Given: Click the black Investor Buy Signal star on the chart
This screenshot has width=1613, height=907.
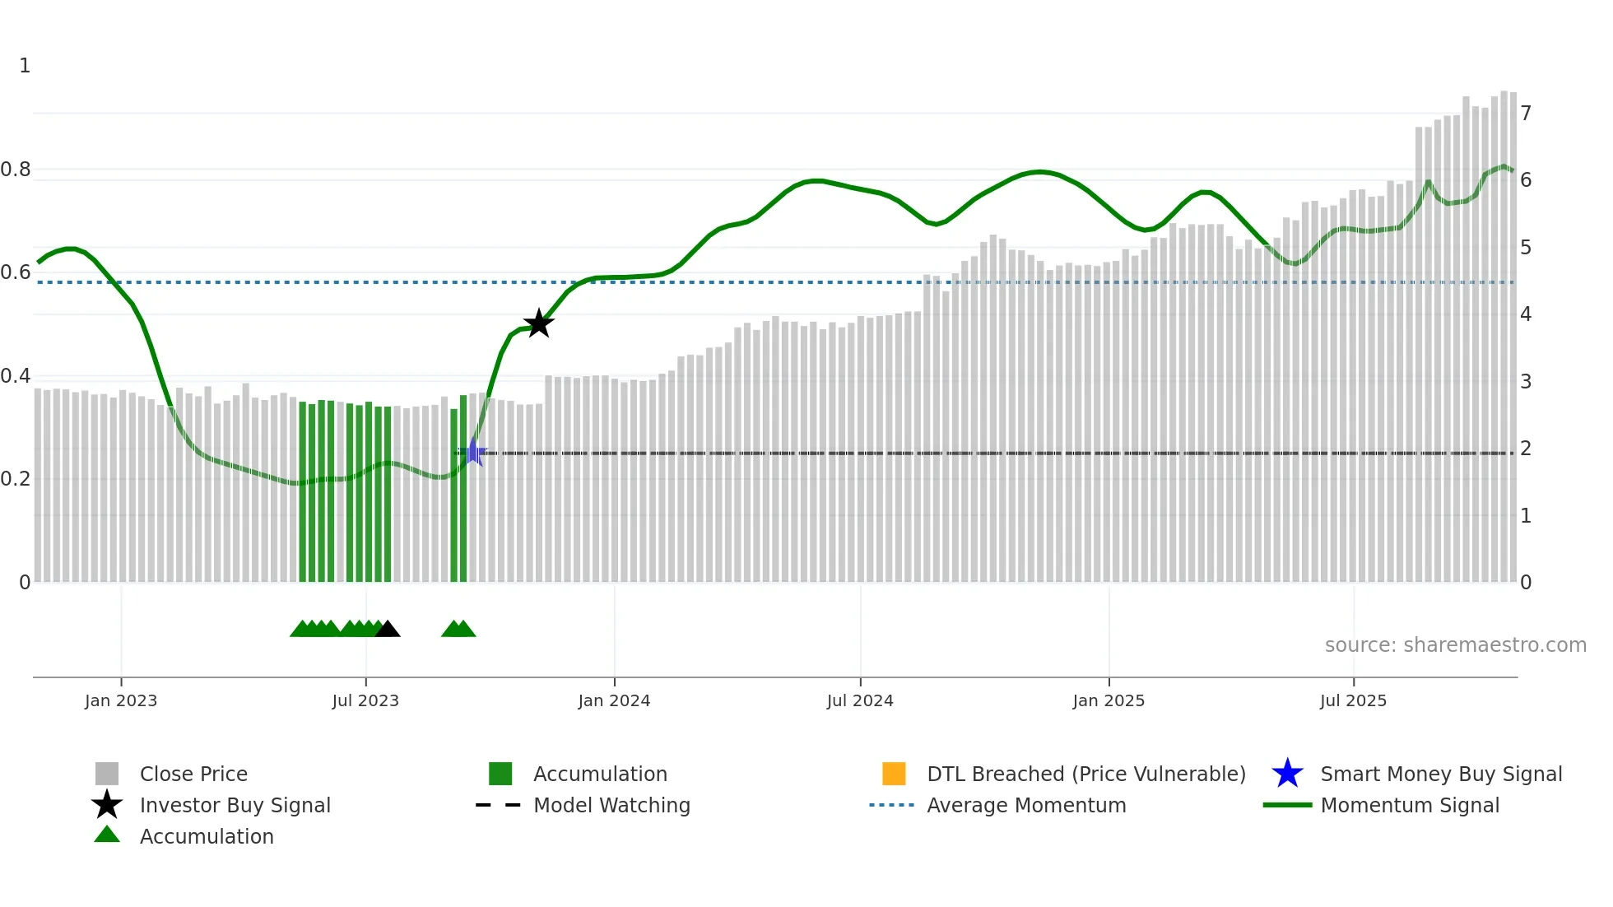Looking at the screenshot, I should pyautogui.click(x=539, y=323).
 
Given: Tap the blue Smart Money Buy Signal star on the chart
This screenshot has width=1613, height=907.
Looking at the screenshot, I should pyautogui.click(x=473, y=452).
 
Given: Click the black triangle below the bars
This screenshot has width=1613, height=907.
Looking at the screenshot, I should pyautogui.click(x=388, y=630).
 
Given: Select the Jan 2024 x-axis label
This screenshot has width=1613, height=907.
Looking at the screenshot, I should pyautogui.click(x=614, y=700).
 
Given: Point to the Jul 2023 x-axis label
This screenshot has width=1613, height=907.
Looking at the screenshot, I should pyautogui.click(x=365, y=700).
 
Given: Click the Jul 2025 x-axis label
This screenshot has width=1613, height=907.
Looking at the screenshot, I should pyautogui.click(x=1353, y=700).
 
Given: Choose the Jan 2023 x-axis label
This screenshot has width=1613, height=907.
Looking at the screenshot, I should pyautogui.click(x=121, y=700).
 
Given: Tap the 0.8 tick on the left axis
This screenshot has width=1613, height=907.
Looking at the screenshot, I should pyautogui.click(x=16, y=170).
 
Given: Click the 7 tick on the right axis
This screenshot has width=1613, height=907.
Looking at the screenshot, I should pyautogui.click(x=1526, y=113).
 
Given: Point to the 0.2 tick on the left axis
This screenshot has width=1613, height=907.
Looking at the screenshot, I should pyautogui.click(x=16, y=479).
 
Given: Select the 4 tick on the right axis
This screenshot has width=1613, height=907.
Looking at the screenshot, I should pyautogui.click(x=1526, y=314).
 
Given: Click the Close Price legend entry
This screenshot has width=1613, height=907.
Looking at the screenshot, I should pyautogui.click(x=193, y=774).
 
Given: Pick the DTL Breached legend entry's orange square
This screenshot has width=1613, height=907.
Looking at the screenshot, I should pyautogui.click(x=894, y=774).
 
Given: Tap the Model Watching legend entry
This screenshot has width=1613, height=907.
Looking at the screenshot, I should pyautogui.click(x=611, y=805).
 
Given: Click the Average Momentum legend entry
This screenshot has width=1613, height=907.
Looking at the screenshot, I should pyautogui.click(x=1026, y=805).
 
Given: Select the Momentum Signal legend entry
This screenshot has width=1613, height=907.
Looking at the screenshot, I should pyautogui.click(x=1410, y=805).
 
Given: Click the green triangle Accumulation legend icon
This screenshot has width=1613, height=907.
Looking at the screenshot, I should pyautogui.click(x=107, y=835).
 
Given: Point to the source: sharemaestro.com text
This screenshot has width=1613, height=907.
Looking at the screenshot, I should pyautogui.click(x=1455, y=645).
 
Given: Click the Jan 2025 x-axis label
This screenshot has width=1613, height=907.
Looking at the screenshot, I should pyautogui.click(x=1109, y=700).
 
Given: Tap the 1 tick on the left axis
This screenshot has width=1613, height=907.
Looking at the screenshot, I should pyautogui.click(x=25, y=66).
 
